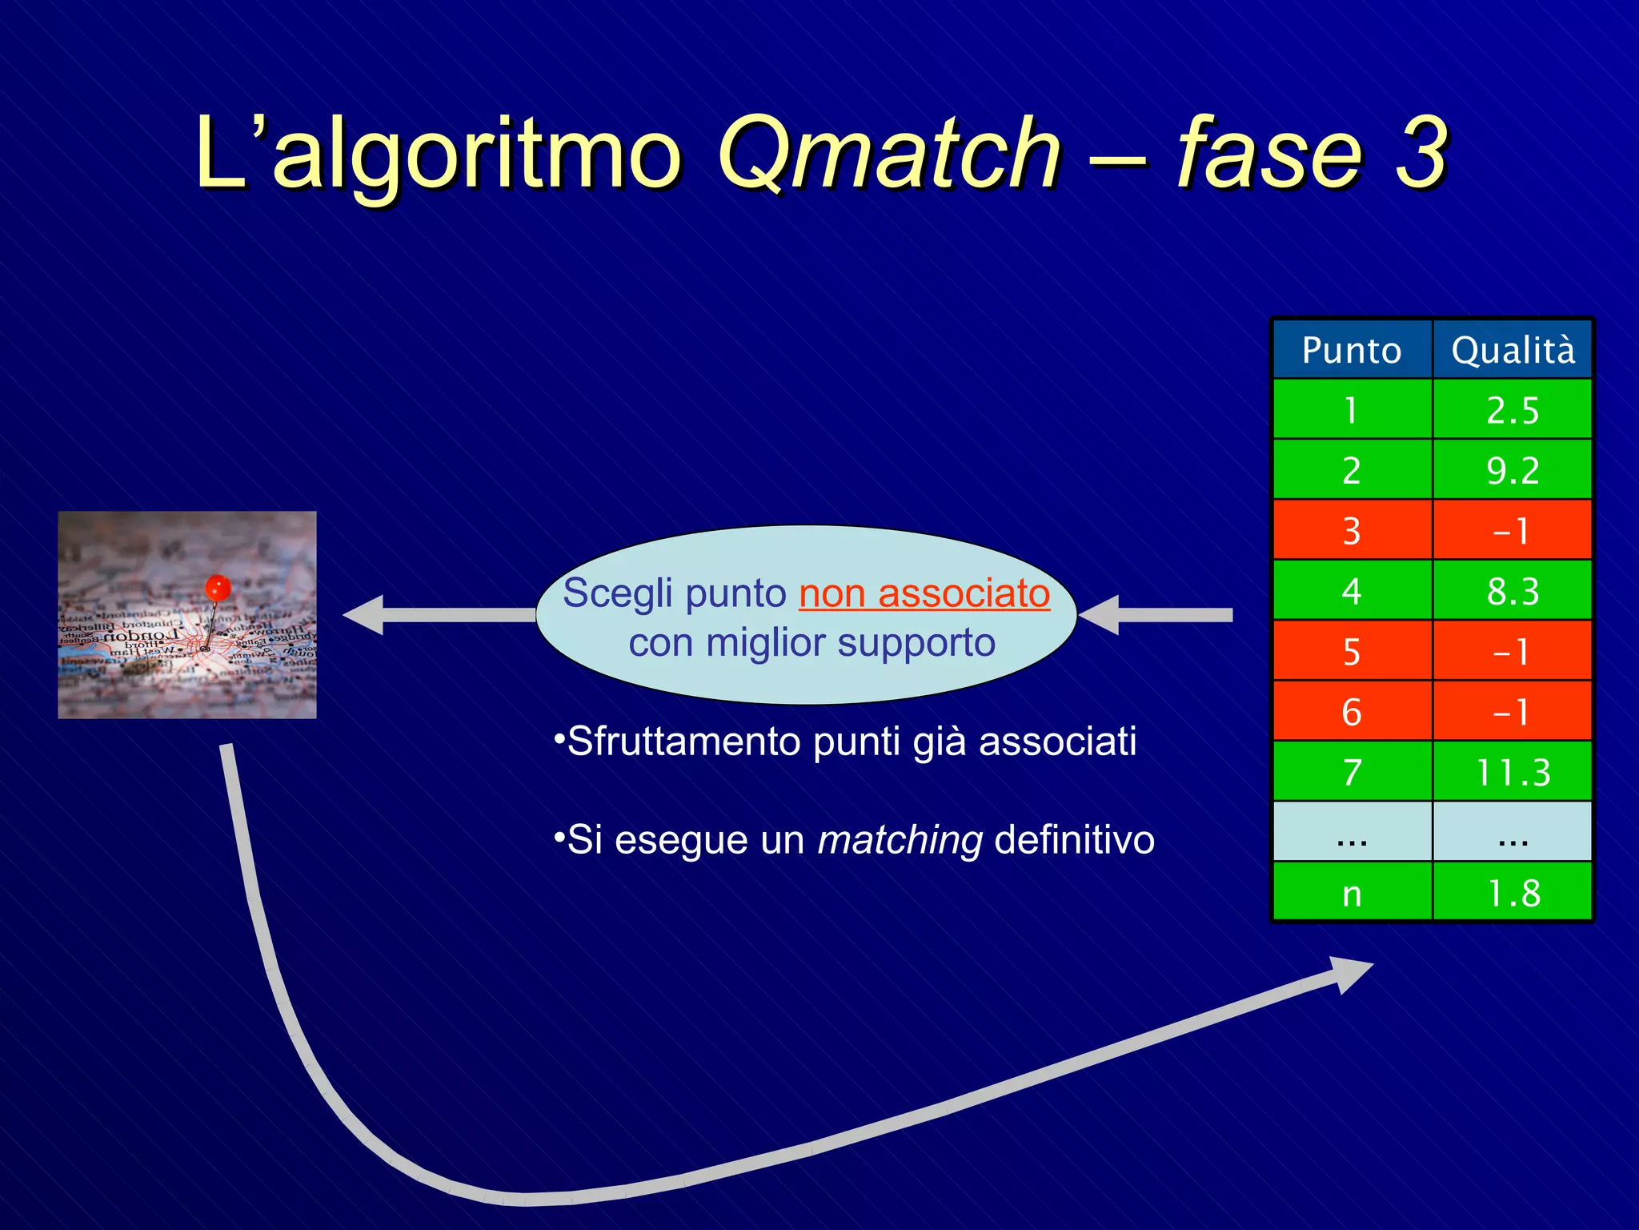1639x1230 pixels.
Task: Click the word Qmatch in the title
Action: coord(888,152)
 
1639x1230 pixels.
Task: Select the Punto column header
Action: coord(1352,350)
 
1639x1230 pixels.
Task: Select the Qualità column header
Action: coord(1513,350)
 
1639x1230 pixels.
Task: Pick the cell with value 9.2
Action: coord(1513,470)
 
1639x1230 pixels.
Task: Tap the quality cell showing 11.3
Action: coord(1513,772)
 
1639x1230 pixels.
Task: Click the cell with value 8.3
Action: coord(1513,591)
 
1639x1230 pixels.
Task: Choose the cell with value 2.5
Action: coord(1513,410)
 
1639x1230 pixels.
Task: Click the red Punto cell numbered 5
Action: coord(1352,651)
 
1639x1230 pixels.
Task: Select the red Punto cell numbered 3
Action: coord(1352,530)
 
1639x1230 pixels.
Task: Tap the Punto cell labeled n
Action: coord(1352,893)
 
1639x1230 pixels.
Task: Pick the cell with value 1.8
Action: coord(1513,893)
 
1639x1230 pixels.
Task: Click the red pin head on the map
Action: coord(218,589)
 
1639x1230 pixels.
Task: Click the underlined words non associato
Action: coord(924,593)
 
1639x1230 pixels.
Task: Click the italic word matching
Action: coord(900,840)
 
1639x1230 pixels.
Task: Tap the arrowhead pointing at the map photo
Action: coord(364,615)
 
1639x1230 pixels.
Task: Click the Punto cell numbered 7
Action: coord(1352,772)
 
